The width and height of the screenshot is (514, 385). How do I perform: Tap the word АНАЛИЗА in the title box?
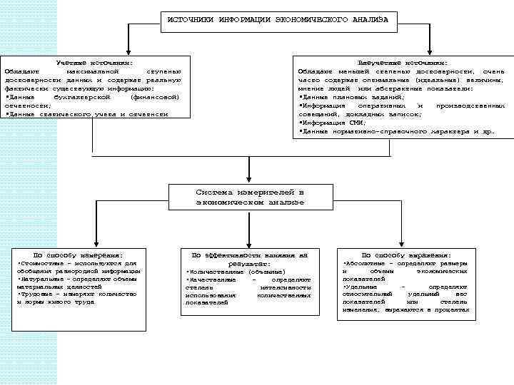(370, 19)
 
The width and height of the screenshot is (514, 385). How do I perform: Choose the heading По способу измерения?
(79, 255)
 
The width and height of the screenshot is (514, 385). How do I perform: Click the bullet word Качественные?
(211, 279)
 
